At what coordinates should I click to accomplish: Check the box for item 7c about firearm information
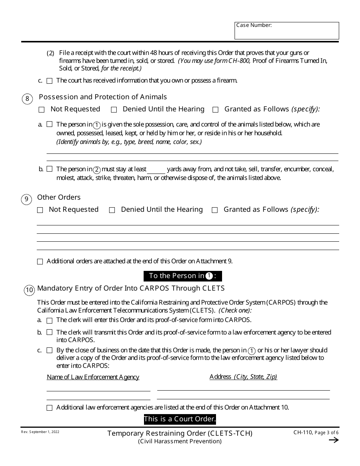coord(50,81)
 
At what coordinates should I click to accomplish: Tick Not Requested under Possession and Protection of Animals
coord(42,110)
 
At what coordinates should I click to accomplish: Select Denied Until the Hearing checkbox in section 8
coord(114,110)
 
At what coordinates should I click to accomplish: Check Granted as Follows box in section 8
coord(216,110)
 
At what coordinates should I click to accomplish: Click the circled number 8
coord(27,99)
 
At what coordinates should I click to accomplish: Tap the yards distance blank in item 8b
coord(156,170)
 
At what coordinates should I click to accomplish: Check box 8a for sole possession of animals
coord(50,124)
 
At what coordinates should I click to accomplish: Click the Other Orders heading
coord(59,197)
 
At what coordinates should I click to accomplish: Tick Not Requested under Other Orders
coord(40,210)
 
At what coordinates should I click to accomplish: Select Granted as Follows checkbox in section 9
coord(215,210)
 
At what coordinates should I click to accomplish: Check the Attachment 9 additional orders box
coord(40,261)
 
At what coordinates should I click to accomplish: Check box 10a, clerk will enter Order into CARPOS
coord(50,321)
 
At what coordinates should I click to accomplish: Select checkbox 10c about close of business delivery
coord(50,350)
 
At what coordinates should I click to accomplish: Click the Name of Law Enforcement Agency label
coord(93,377)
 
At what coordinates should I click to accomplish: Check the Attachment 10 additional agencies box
coord(50,408)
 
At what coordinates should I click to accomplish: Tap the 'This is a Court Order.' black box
coord(180,419)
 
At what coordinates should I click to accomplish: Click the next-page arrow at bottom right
coord(333,440)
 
